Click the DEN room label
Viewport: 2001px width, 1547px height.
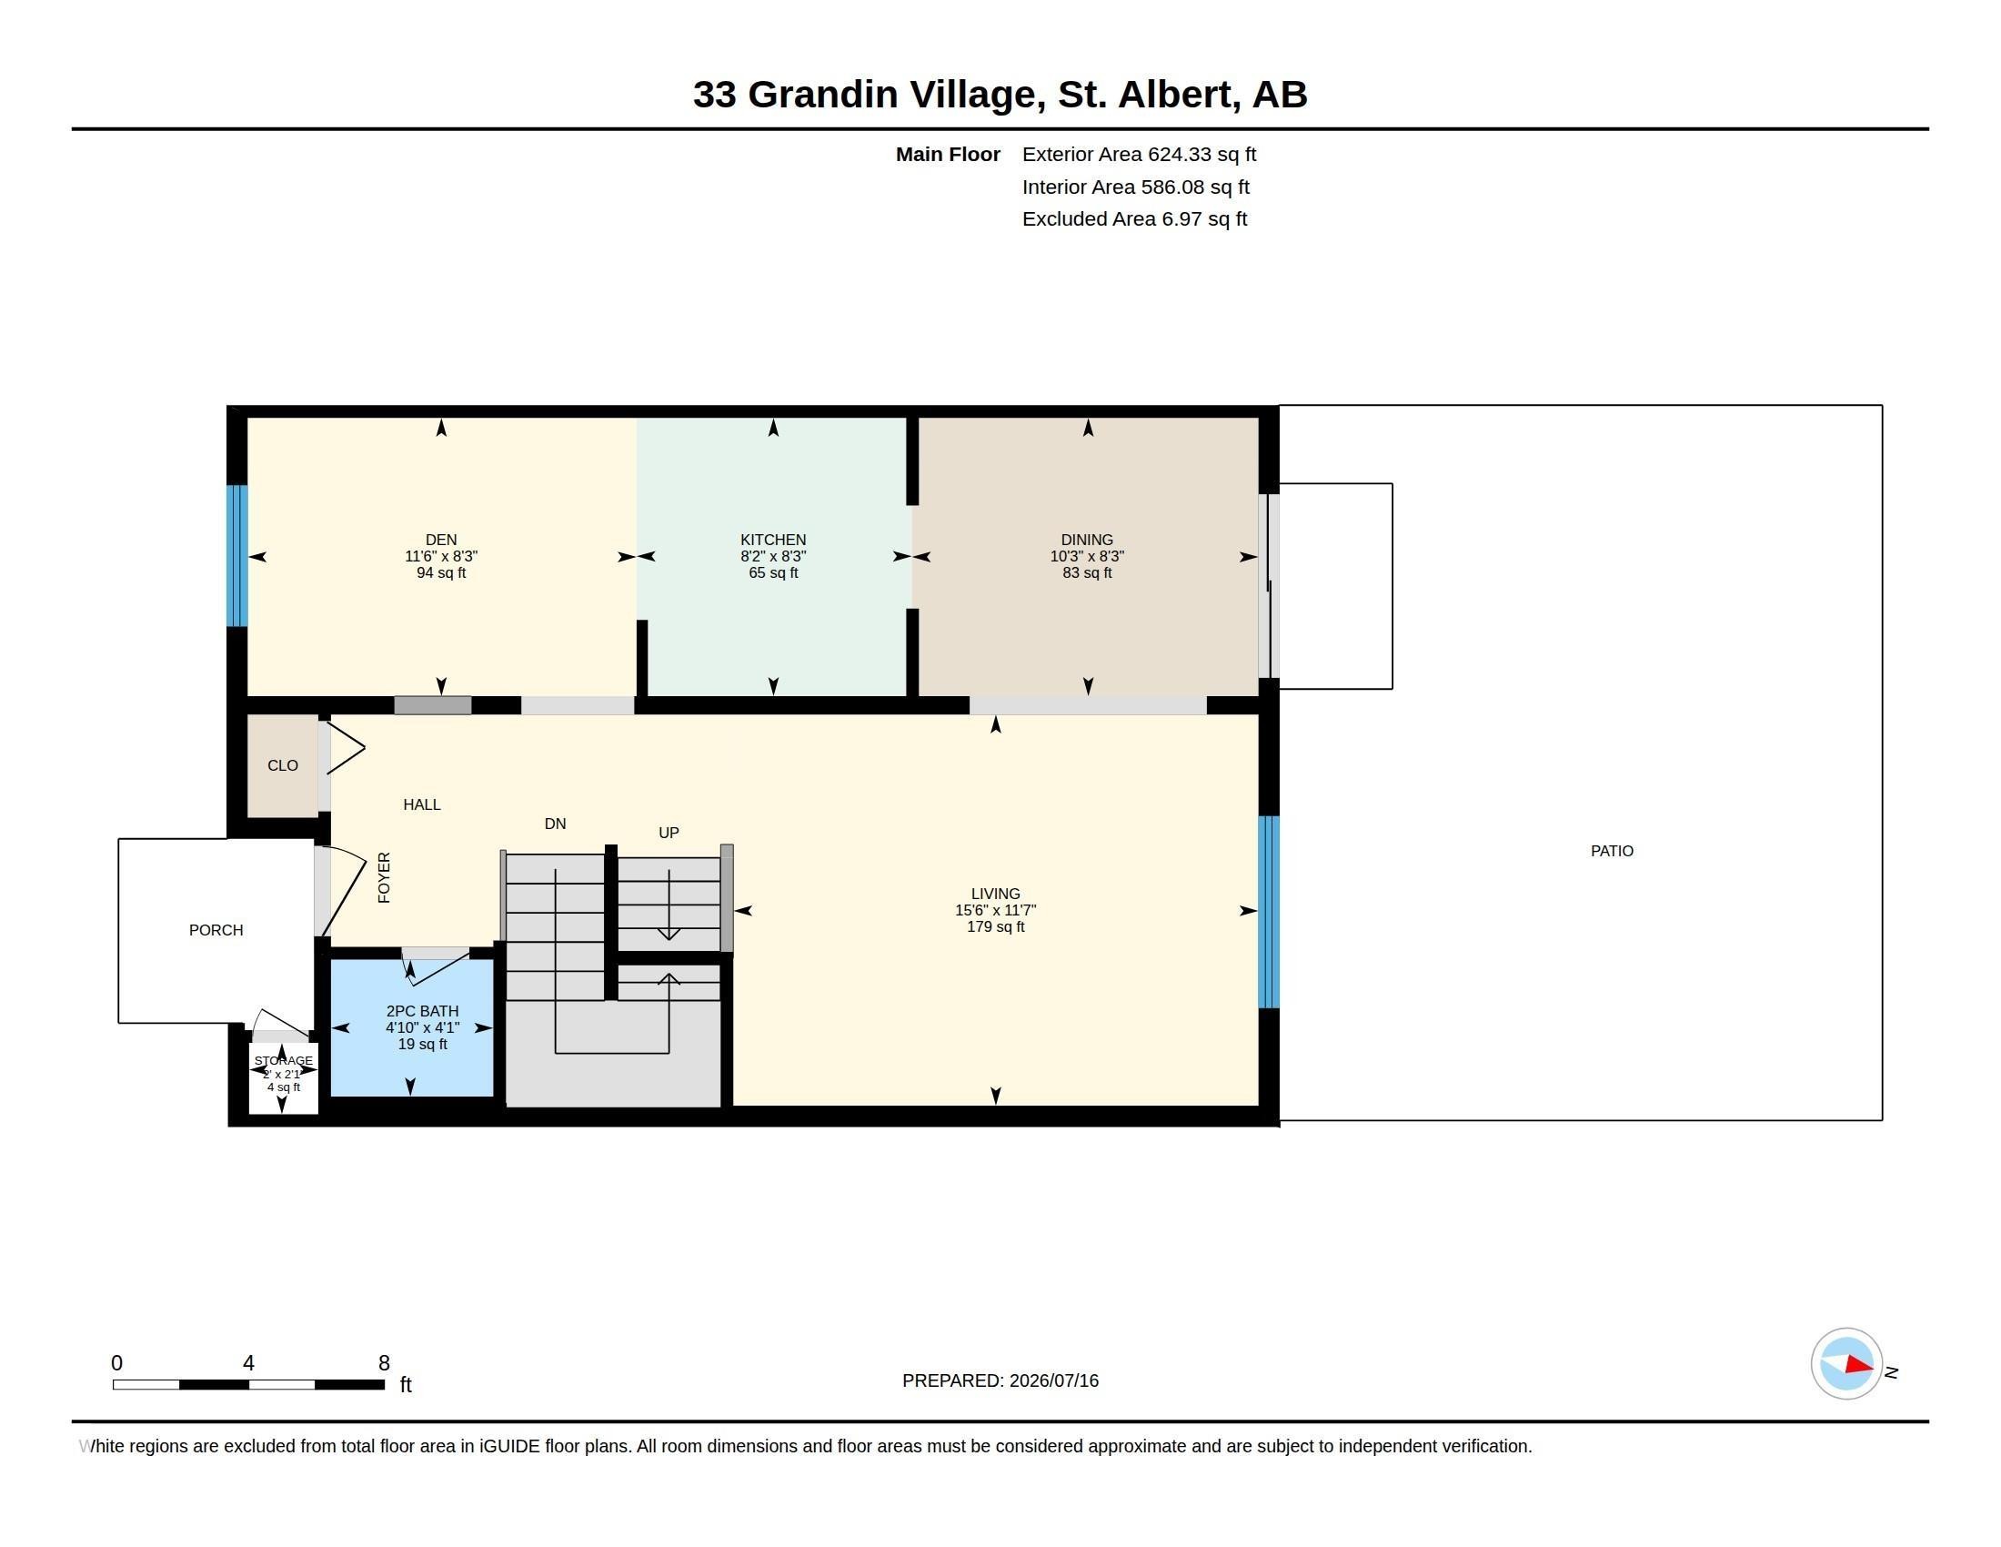(441, 540)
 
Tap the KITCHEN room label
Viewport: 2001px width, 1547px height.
(773, 540)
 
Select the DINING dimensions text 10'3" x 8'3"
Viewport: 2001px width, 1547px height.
(1087, 556)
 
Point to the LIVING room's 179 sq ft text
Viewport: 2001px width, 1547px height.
(995, 926)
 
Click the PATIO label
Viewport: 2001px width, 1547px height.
(1612, 851)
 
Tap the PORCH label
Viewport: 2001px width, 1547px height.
(216, 930)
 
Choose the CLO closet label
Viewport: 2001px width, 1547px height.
(282, 765)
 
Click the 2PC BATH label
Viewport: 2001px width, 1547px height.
(422, 1011)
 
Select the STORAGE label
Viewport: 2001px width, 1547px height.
(283, 1060)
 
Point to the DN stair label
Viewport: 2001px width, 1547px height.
(555, 824)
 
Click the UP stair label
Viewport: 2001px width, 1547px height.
(669, 832)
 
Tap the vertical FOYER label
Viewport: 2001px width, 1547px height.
(384, 877)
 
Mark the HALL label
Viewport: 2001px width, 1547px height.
(421, 804)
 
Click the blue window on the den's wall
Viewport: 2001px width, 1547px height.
(237, 555)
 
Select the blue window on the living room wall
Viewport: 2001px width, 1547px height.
(1269, 912)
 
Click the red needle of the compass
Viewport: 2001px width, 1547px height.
(1860, 1365)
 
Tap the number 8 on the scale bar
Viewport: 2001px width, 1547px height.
(384, 1363)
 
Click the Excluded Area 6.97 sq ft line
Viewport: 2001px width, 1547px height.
(1134, 219)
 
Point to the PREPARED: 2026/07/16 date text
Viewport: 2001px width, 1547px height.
(1000, 1380)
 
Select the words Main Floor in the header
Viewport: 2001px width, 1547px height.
(948, 154)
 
